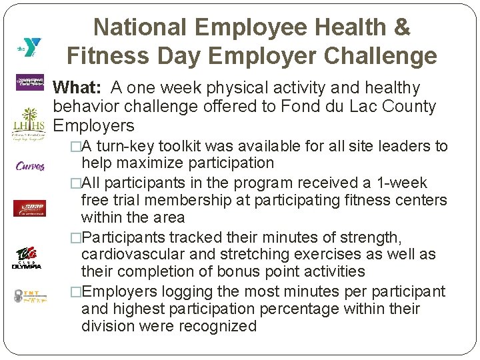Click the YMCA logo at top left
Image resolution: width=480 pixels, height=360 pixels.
pyautogui.click(x=30, y=47)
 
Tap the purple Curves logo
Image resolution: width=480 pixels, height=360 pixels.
pyautogui.click(x=29, y=166)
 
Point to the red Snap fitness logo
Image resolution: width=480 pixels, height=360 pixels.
pyautogui.click(x=29, y=208)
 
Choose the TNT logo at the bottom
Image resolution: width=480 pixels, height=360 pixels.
pyautogui.click(x=29, y=296)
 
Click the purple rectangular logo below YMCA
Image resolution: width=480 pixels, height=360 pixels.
pyautogui.click(x=29, y=83)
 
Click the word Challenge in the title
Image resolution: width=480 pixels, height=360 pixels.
pyautogui.click(x=375, y=56)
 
